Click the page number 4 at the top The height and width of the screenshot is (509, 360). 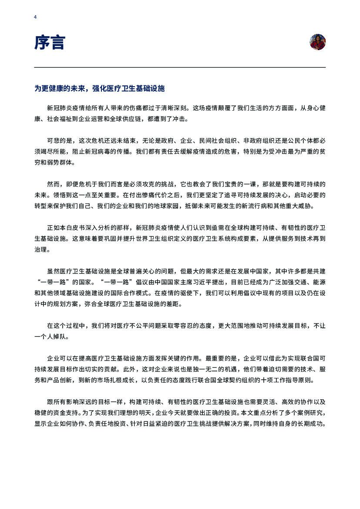click(35, 17)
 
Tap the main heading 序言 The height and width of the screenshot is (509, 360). click(50, 43)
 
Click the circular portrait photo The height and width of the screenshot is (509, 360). click(318, 42)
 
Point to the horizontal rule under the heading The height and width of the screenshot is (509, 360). click(180, 67)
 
